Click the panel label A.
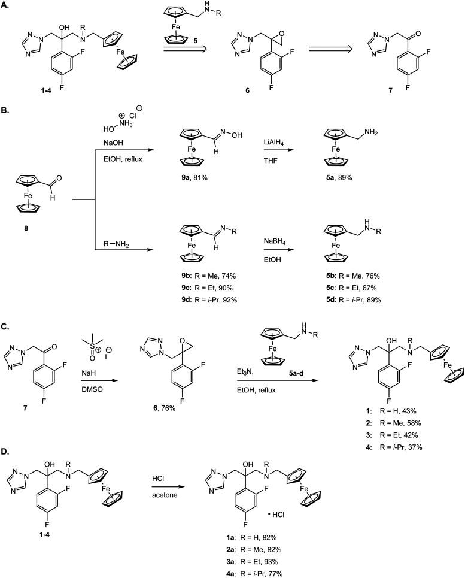coord(5,5)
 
